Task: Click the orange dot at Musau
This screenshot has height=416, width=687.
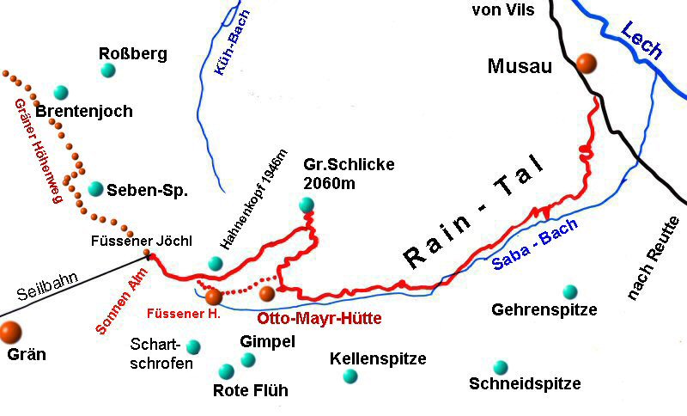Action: (587, 63)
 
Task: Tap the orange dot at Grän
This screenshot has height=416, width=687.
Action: (10, 331)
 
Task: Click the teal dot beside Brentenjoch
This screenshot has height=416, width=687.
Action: (60, 92)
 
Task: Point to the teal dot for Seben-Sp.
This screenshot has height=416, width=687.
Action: (95, 188)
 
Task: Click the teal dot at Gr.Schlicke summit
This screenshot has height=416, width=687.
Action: (307, 205)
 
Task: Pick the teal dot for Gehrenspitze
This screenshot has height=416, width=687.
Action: (569, 292)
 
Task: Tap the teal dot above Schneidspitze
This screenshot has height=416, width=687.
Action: (501, 367)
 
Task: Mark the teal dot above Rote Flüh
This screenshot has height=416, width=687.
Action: (226, 371)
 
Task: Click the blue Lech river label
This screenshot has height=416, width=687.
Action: (641, 39)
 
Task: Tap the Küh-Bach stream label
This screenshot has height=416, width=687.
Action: (224, 52)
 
